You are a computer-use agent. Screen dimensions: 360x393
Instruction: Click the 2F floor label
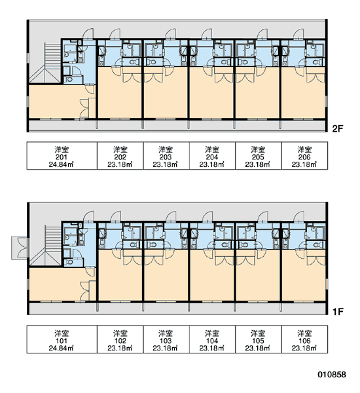337,129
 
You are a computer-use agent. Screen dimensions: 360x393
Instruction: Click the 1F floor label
337,312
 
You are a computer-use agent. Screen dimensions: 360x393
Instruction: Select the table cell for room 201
62,156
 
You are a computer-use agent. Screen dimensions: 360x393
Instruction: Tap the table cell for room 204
212,156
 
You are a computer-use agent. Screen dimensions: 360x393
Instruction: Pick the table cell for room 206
304,156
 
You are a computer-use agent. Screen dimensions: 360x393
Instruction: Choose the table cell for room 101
62,339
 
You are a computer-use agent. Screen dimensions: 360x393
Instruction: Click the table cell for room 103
166,339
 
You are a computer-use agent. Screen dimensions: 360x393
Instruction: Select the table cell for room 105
259,339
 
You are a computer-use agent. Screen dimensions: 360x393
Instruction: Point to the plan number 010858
332,375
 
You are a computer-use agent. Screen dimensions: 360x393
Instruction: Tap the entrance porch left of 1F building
20,248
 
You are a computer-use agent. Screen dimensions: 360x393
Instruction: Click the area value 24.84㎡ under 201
62,164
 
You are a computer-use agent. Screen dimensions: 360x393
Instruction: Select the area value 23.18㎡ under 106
304,348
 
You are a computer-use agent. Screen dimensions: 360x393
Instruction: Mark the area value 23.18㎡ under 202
120,164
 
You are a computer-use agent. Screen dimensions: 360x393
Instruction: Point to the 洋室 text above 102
120,333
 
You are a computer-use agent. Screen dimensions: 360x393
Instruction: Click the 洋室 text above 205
258,149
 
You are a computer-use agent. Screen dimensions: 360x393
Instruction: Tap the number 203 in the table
166,157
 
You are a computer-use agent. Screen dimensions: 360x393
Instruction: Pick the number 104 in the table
212,341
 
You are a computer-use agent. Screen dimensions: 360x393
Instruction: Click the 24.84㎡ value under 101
62,348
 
